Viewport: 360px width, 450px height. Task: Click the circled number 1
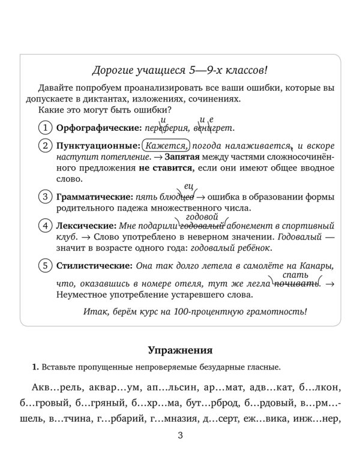click(44, 128)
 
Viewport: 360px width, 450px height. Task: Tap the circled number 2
click(44, 146)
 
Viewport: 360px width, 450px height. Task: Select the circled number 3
click(44, 196)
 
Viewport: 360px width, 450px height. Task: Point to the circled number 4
click(44, 226)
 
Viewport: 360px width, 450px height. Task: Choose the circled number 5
click(44, 265)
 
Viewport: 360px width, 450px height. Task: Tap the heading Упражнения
click(180, 350)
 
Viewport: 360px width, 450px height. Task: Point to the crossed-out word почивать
click(295, 281)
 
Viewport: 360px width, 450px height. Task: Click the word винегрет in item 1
click(214, 128)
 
